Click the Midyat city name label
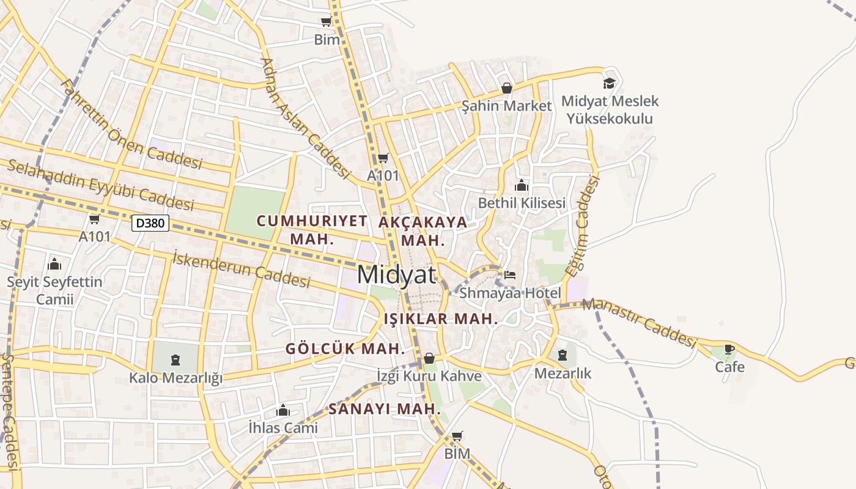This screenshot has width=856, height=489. [396, 274]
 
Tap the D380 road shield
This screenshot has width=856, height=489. [150, 223]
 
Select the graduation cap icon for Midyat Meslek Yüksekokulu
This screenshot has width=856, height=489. [609, 83]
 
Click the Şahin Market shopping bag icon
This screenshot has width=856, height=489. [506, 88]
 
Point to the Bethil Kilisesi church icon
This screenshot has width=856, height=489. [522, 185]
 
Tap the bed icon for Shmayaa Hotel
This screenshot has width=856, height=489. [510, 275]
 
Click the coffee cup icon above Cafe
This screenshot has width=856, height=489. [729, 349]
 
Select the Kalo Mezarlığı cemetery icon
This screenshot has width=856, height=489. [175, 359]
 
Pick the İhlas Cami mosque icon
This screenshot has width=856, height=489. [283, 410]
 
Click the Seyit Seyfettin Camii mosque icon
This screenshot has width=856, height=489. [54, 264]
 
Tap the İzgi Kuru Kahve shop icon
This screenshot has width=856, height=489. [429, 358]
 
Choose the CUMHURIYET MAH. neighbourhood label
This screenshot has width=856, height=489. [312, 229]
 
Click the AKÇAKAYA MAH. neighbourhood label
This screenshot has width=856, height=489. [422, 230]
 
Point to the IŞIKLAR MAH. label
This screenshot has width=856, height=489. [441, 318]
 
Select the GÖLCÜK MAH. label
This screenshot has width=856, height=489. [345, 349]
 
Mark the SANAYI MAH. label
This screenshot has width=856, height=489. [385, 409]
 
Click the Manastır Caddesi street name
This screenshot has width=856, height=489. [640, 323]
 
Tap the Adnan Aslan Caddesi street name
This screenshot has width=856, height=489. [304, 119]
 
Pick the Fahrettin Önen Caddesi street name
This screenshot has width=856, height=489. [131, 124]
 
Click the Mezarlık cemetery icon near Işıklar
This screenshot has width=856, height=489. [562, 355]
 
